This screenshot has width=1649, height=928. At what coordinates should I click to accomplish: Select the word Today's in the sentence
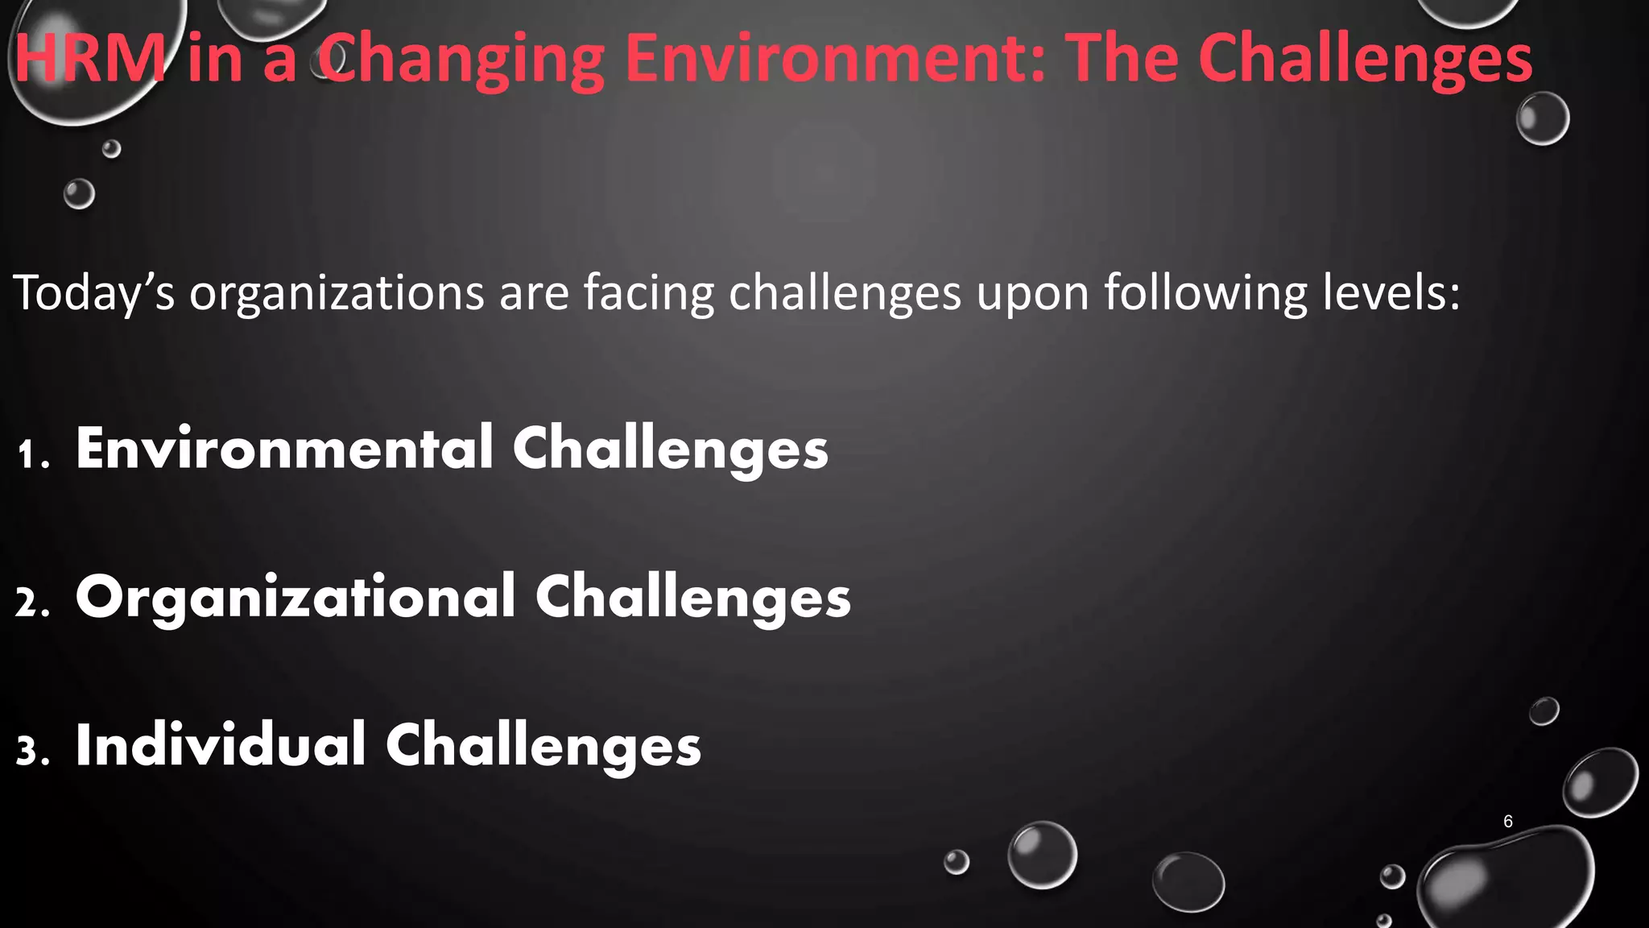click(93, 293)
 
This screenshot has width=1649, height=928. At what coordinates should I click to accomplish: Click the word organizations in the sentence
click(337, 293)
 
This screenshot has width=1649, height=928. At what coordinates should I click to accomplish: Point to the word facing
click(649, 293)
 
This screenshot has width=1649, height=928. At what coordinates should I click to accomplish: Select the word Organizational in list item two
click(295, 598)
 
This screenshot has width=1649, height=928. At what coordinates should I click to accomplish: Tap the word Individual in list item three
click(221, 745)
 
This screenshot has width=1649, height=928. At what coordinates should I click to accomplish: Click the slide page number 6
click(1508, 822)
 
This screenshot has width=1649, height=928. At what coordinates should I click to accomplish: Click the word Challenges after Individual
click(543, 747)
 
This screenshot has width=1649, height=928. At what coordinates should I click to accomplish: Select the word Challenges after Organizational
click(692, 599)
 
